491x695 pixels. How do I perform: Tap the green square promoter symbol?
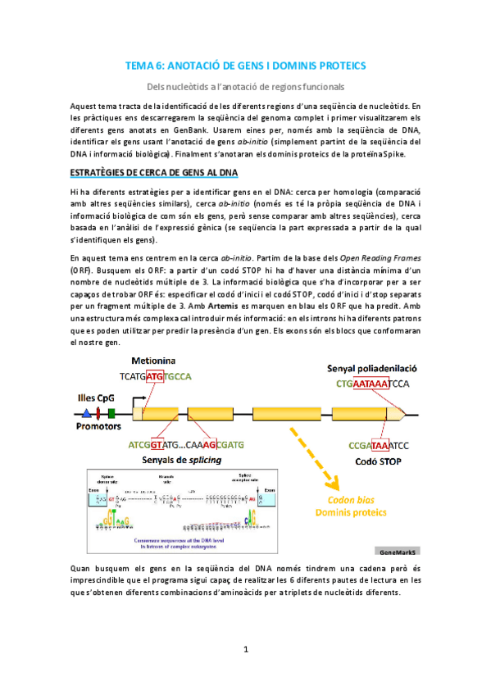click(x=111, y=412)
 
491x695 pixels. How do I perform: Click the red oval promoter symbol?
click(x=98, y=412)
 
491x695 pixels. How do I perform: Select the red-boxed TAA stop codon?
click(x=380, y=446)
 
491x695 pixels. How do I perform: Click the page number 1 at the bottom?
click(x=245, y=650)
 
